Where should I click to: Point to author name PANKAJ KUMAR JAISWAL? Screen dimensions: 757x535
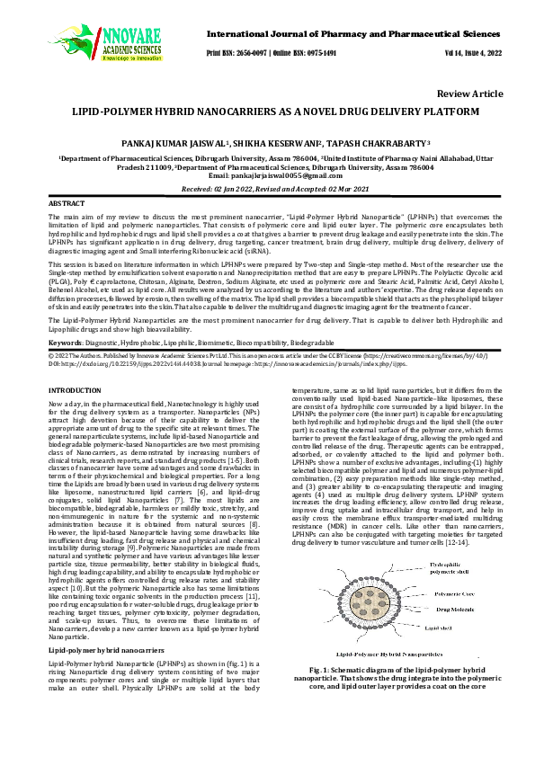point(173,143)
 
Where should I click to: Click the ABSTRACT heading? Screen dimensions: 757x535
point(66,206)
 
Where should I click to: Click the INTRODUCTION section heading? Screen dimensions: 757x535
point(74,390)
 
